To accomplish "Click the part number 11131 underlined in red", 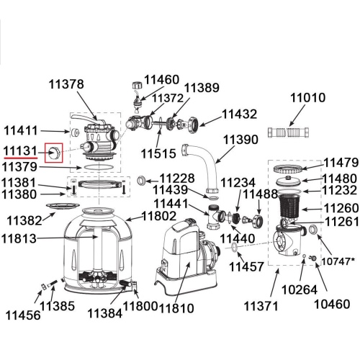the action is click(x=20, y=151).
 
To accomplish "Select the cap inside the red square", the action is click(x=54, y=153).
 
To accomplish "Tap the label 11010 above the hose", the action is click(x=308, y=98).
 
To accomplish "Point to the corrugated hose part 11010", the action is click(x=288, y=132).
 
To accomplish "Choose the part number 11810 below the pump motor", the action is click(x=176, y=308).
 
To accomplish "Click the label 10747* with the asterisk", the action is click(x=338, y=261).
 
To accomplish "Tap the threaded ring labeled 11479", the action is click(x=288, y=168).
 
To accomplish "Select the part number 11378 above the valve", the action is click(x=66, y=84).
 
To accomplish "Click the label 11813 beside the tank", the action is click(x=19, y=238).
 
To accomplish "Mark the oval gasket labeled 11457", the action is click(x=234, y=247).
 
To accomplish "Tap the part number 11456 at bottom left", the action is click(x=23, y=315).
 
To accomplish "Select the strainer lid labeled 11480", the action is click(x=288, y=181).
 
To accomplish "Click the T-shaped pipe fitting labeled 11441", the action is click(x=215, y=217).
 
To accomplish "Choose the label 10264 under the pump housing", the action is click(x=300, y=289).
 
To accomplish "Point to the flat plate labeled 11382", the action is click(x=63, y=206).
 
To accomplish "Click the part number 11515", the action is click(x=158, y=153).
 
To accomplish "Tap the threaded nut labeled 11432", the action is click(x=193, y=125).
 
